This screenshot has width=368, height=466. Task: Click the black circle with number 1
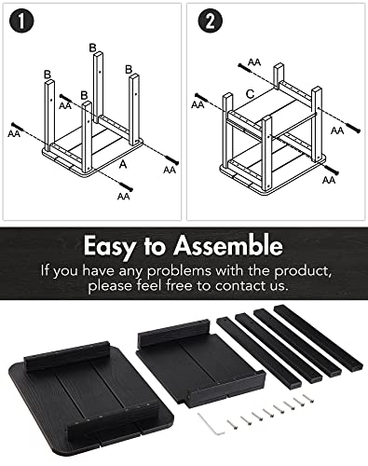click(x=21, y=21)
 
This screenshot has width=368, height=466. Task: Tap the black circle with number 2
click(x=210, y=21)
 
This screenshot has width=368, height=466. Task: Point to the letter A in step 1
click(x=123, y=164)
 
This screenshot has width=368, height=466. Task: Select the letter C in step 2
click(x=250, y=93)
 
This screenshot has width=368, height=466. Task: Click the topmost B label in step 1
click(x=92, y=48)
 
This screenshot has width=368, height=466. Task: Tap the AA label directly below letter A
click(x=123, y=197)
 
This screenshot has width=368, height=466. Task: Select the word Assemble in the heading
click(x=228, y=246)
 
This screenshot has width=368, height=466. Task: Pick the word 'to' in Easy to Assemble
click(x=155, y=247)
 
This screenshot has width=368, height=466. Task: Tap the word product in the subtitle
click(x=301, y=271)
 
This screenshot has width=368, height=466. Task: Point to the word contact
click(x=239, y=286)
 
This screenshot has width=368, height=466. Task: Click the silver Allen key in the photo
click(x=211, y=424)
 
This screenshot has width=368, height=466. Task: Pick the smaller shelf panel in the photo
click(x=201, y=363)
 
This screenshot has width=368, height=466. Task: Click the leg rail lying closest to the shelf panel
click(x=259, y=352)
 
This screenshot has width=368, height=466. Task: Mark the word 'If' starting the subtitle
click(x=45, y=270)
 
